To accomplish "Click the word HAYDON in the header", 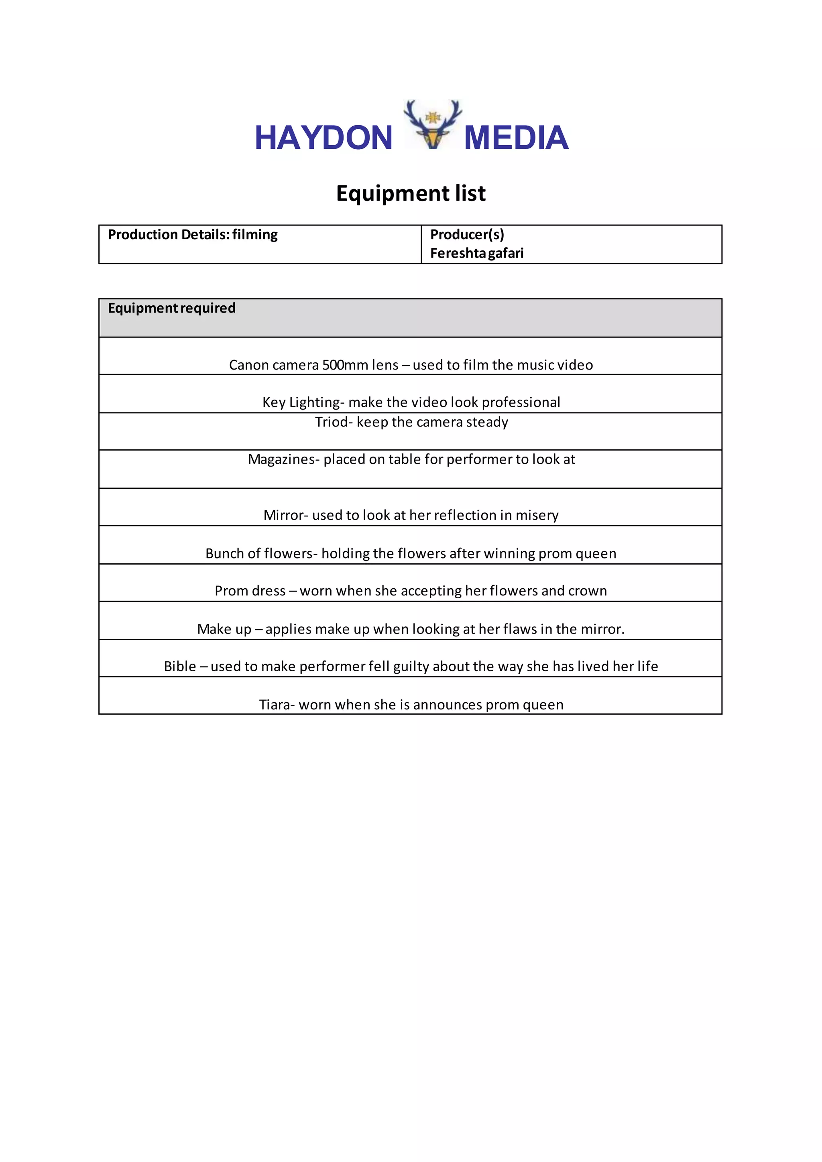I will [324, 138].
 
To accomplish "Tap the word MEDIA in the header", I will [516, 138].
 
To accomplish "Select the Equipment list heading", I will [411, 193].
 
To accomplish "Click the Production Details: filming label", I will [192, 235].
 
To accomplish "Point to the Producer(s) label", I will [467, 235].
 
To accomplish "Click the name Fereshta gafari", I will [476, 253].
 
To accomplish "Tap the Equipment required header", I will [172, 308].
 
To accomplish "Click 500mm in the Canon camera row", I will [345, 365].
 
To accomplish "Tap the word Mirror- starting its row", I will [285, 515].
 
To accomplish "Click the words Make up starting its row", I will [224, 629].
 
